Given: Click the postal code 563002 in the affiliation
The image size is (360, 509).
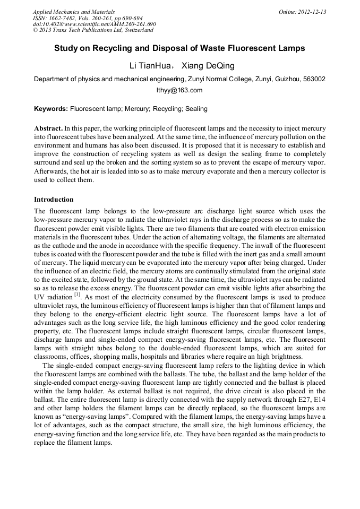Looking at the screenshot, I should (314, 79).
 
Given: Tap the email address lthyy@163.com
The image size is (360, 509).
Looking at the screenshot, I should (179, 90).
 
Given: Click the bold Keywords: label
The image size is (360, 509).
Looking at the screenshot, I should (51, 109).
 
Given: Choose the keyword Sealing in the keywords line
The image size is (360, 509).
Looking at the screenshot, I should (196, 109).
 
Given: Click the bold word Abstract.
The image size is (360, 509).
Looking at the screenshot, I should (48, 129).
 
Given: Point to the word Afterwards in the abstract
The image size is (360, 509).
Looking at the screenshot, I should (51, 171).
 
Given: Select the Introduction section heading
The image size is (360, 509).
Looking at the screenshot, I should (54, 200).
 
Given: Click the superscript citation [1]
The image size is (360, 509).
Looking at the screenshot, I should (77, 294).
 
